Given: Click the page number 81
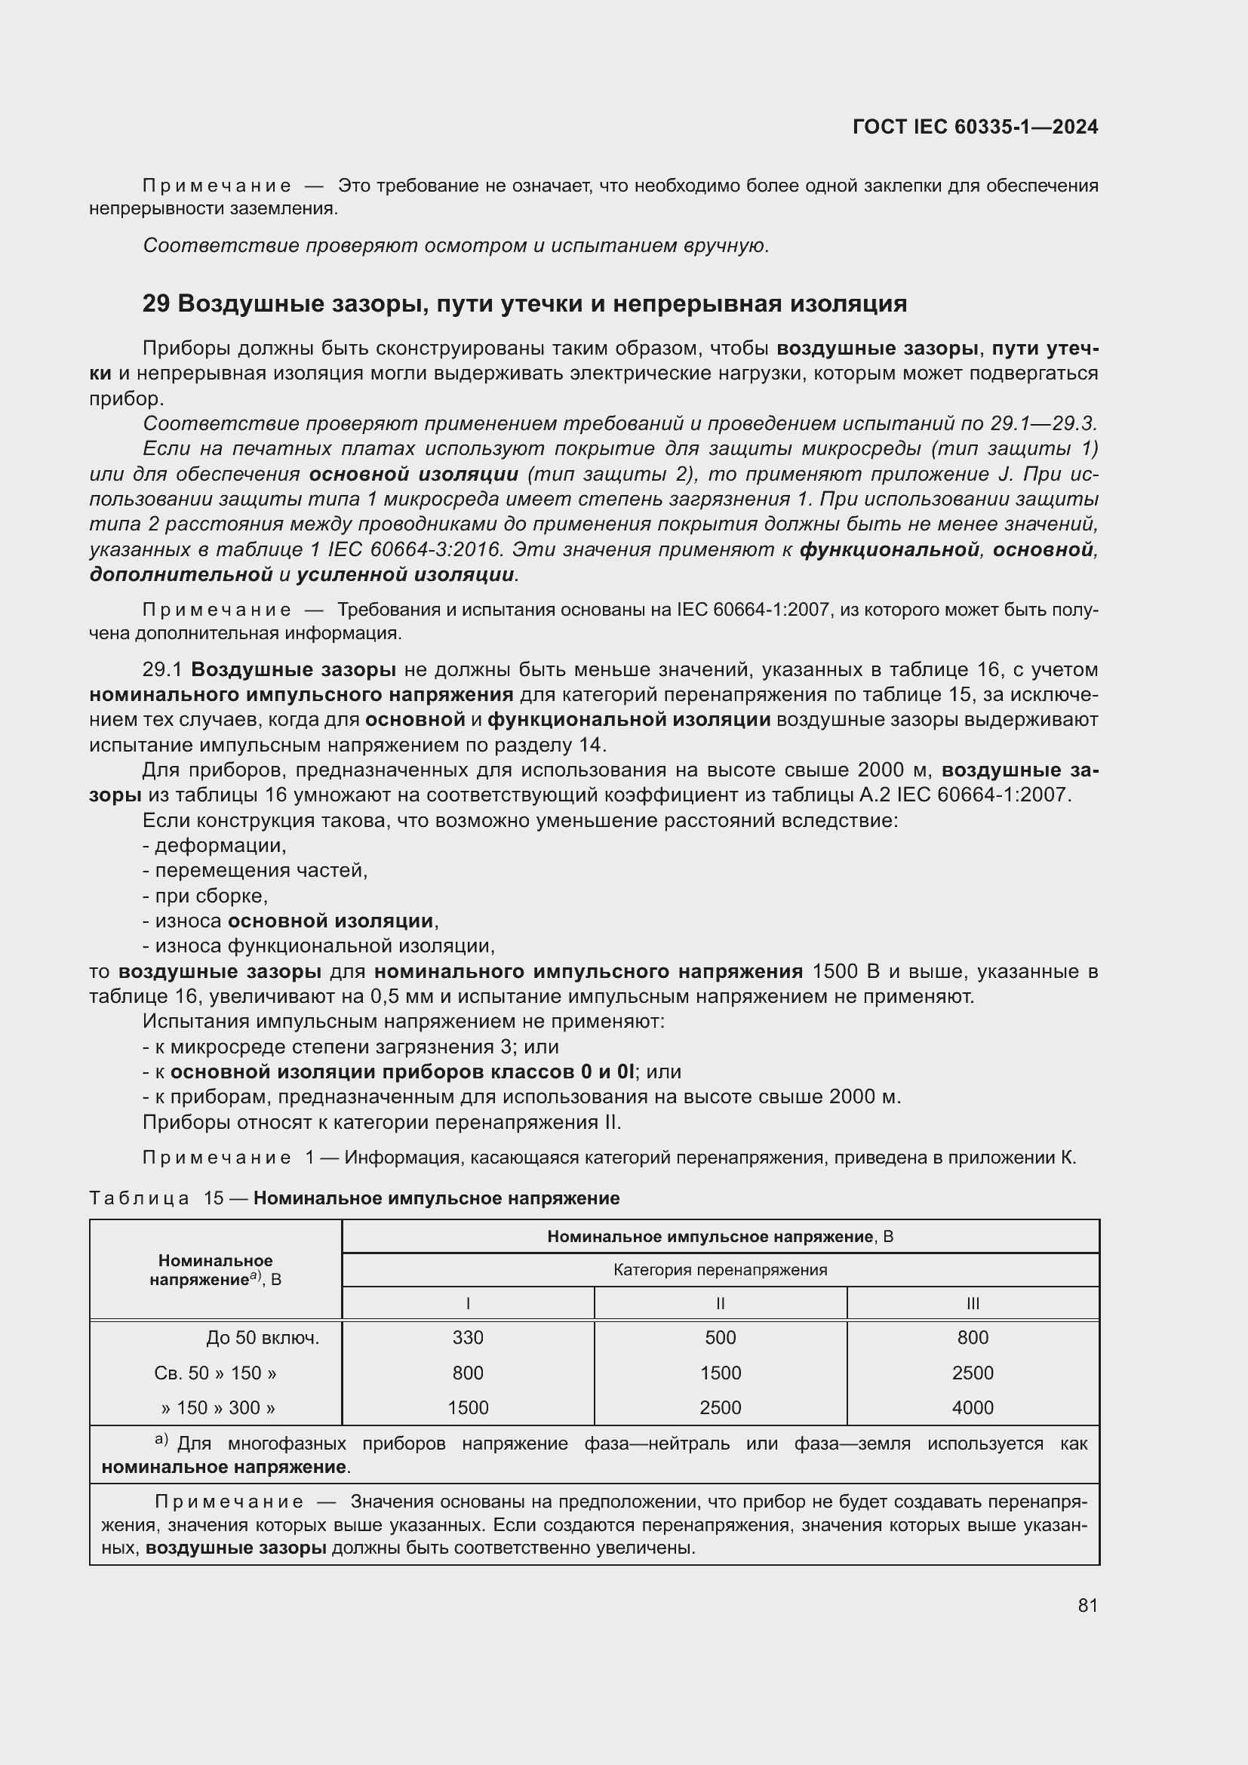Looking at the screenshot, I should (1087, 1605).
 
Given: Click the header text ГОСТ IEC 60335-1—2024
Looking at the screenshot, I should (975, 128).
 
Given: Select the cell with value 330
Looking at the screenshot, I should (467, 1338).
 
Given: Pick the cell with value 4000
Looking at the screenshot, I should (972, 1407).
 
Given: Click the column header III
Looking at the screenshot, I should (972, 1304).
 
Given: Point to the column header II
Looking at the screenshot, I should (720, 1304).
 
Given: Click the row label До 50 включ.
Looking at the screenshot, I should (262, 1338).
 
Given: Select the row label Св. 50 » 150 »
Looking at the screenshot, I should (215, 1373).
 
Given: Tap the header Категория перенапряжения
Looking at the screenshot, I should (720, 1270).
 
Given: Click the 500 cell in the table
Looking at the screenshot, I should (720, 1338).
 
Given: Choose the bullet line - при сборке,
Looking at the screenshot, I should (205, 896).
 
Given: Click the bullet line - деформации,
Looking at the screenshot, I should (214, 846).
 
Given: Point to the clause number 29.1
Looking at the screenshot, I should (162, 669).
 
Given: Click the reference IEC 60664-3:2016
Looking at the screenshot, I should (413, 550).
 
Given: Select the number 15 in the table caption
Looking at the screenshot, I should (213, 1198).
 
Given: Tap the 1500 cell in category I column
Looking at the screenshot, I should (467, 1407).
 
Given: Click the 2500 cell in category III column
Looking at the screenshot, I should (972, 1373).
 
